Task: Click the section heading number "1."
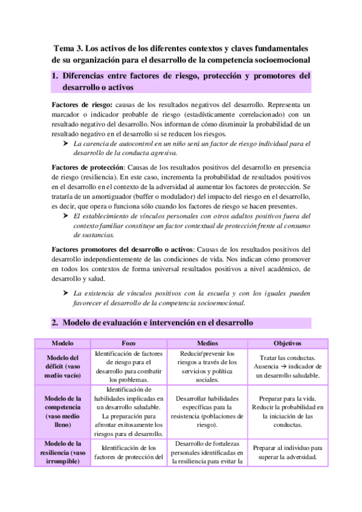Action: click(56, 76)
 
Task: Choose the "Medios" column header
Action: click(207, 343)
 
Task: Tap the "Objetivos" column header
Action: click(287, 343)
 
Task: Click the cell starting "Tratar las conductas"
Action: click(287, 366)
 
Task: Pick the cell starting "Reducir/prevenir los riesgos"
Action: click(207, 366)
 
